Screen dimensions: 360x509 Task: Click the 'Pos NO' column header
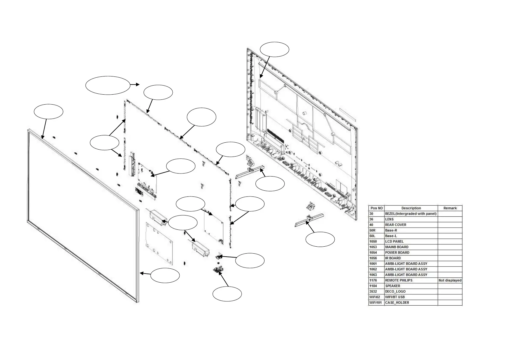tap(376, 208)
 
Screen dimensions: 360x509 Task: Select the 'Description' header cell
tap(411, 208)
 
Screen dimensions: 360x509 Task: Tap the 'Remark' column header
tap(450, 208)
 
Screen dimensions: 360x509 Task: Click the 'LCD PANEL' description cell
tap(394, 242)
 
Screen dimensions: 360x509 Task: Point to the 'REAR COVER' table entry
tap(395, 225)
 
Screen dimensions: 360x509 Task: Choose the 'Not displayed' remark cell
tap(450, 281)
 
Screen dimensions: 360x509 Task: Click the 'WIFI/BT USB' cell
tap(395, 297)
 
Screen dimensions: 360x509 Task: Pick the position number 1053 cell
tap(373, 247)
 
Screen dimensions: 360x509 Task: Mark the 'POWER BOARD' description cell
tap(397, 253)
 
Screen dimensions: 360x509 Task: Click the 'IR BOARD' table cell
tap(393, 258)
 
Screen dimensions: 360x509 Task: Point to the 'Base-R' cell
tap(391, 230)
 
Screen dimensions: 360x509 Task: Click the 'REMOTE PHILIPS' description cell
tap(398, 281)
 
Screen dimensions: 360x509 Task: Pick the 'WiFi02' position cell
tap(374, 297)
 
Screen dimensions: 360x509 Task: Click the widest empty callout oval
tap(108, 85)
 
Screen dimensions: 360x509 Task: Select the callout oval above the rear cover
tap(274, 49)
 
